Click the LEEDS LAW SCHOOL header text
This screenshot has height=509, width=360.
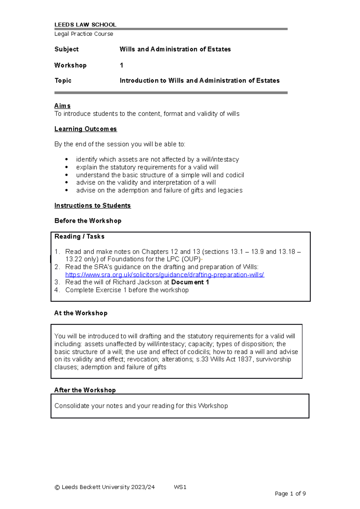pos(85,25)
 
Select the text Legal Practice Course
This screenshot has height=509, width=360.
pos(84,34)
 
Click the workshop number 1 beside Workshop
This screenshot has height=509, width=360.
pos(121,65)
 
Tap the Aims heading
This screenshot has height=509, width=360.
pos(62,106)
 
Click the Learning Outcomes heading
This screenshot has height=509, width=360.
pos(85,129)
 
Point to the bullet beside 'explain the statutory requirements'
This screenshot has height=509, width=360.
pos(67,167)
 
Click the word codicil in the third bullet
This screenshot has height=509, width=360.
pos(235,175)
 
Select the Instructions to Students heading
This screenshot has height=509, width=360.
pos(92,206)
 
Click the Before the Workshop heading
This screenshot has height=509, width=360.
pos(88,221)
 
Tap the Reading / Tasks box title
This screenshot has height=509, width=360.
pos(79,237)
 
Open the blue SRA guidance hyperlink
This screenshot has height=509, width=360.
pos(165,275)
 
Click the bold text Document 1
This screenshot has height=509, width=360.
pos(190,282)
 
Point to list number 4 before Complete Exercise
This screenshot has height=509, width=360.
pos(57,290)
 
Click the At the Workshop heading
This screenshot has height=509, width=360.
pos(81,313)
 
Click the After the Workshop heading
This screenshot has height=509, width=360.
pos(85,390)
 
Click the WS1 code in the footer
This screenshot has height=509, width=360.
pos(180,487)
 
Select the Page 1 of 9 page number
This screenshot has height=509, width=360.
pos(290,494)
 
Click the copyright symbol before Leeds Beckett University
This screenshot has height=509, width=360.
pos(57,487)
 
